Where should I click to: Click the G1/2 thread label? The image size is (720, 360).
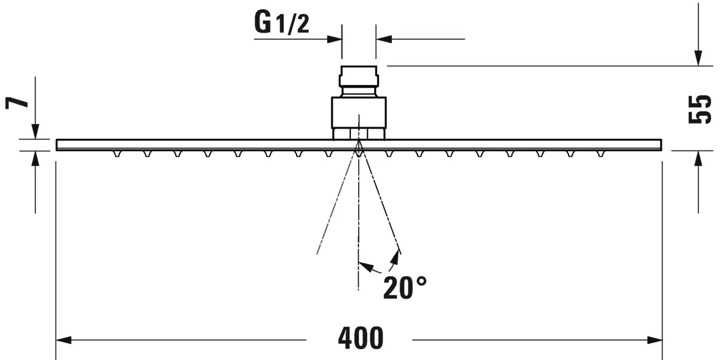[x=281, y=24]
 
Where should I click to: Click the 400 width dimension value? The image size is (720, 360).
[x=361, y=338]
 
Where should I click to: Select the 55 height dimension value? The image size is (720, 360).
[x=700, y=109]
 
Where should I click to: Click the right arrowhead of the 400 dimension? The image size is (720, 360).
[x=655, y=340]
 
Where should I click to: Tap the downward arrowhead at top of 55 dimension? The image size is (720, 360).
[x=699, y=59]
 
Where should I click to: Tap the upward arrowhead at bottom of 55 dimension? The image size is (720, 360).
[x=699, y=157]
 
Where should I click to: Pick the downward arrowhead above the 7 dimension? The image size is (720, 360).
[x=35, y=132]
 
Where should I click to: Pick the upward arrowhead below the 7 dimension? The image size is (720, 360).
[x=35, y=157]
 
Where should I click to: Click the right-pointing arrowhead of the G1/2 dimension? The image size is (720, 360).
[x=334, y=39]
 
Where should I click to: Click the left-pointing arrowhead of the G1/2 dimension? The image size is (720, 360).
[x=384, y=39]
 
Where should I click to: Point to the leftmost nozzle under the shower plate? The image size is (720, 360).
[x=116, y=154]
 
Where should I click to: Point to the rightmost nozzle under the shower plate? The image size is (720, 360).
[x=600, y=154]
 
